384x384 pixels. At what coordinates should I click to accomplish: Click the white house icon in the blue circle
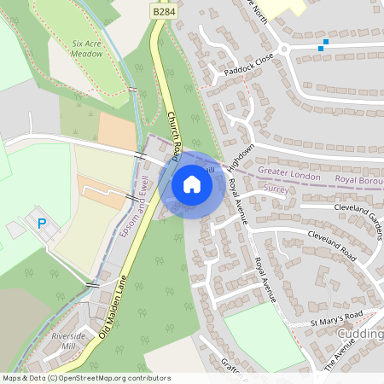[192, 183]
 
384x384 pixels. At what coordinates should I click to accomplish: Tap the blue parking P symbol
[42, 224]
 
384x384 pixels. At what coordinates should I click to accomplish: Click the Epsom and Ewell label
[139, 206]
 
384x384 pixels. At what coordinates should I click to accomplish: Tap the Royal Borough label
[358, 180]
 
